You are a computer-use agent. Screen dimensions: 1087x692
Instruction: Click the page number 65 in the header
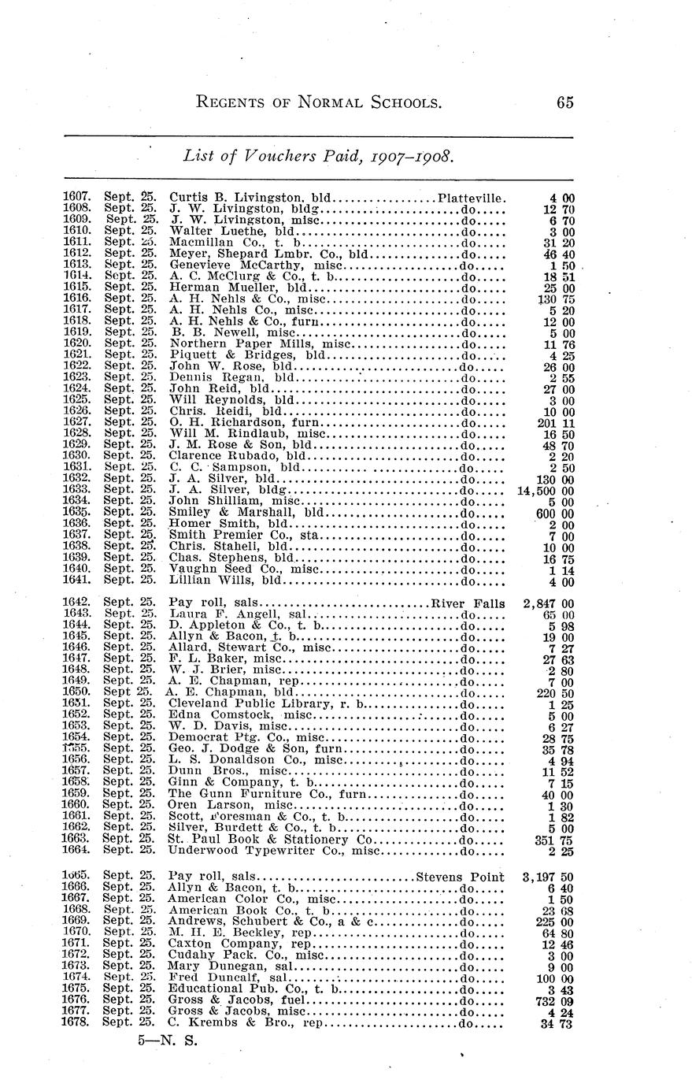(x=564, y=102)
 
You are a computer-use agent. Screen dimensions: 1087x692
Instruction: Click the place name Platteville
(x=472, y=197)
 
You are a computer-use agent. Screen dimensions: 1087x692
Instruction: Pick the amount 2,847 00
(x=547, y=603)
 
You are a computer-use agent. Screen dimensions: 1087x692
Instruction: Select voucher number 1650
(x=77, y=692)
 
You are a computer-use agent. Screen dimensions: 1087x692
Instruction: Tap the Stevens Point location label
(x=461, y=877)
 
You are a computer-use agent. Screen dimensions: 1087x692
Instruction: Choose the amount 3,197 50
(x=547, y=877)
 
